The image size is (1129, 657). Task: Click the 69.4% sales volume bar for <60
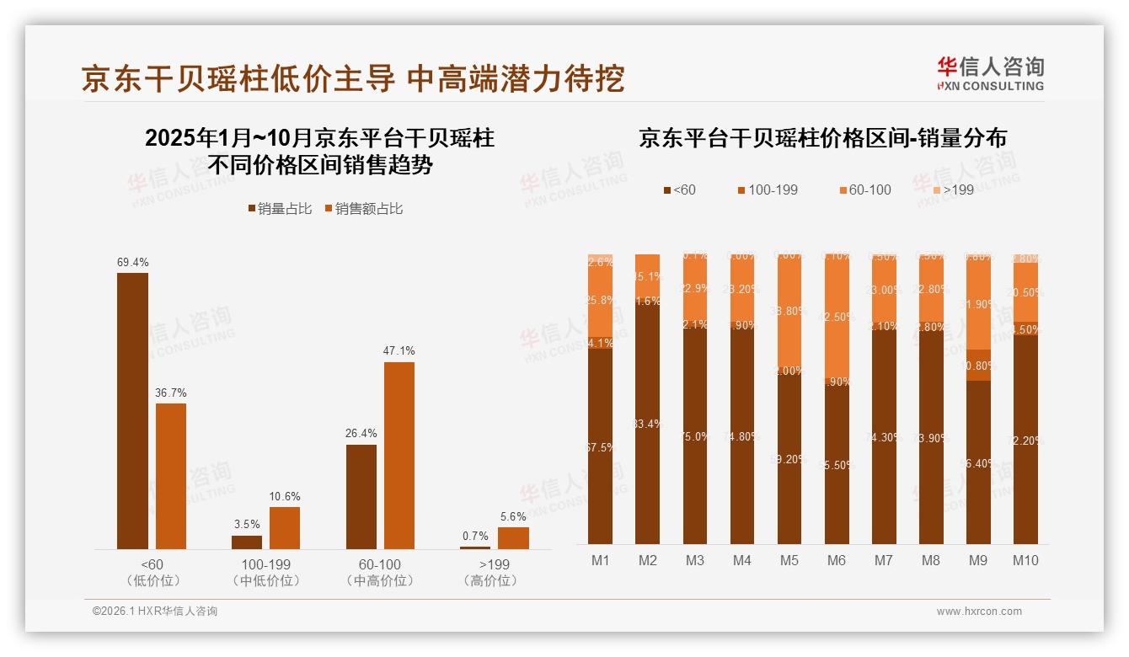pyautogui.click(x=132, y=411)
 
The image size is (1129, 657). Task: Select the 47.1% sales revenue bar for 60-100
pyautogui.click(x=399, y=456)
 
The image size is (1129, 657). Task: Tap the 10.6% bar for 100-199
pyautogui.click(x=284, y=528)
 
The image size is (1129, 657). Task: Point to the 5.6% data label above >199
pyautogui.click(x=513, y=517)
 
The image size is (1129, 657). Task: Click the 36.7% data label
pyautogui.click(x=170, y=393)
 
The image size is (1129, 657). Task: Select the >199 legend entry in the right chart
pyautogui.click(x=951, y=190)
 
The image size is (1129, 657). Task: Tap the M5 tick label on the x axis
pyautogui.click(x=789, y=560)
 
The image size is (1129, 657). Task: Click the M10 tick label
pyautogui.click(x=1025, y=560)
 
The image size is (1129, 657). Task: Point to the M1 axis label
pyautogui.click(x=600, y=560)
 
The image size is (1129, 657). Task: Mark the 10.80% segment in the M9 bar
pyautogui.click(x=977, y=366)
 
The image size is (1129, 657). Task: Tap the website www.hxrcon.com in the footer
pyautogui.click(x=979, y=612)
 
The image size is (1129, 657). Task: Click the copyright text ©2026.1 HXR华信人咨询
pyautogui.click(x=155, y=612)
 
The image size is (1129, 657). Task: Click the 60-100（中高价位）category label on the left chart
pyautogui.click(x=378, y=572)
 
